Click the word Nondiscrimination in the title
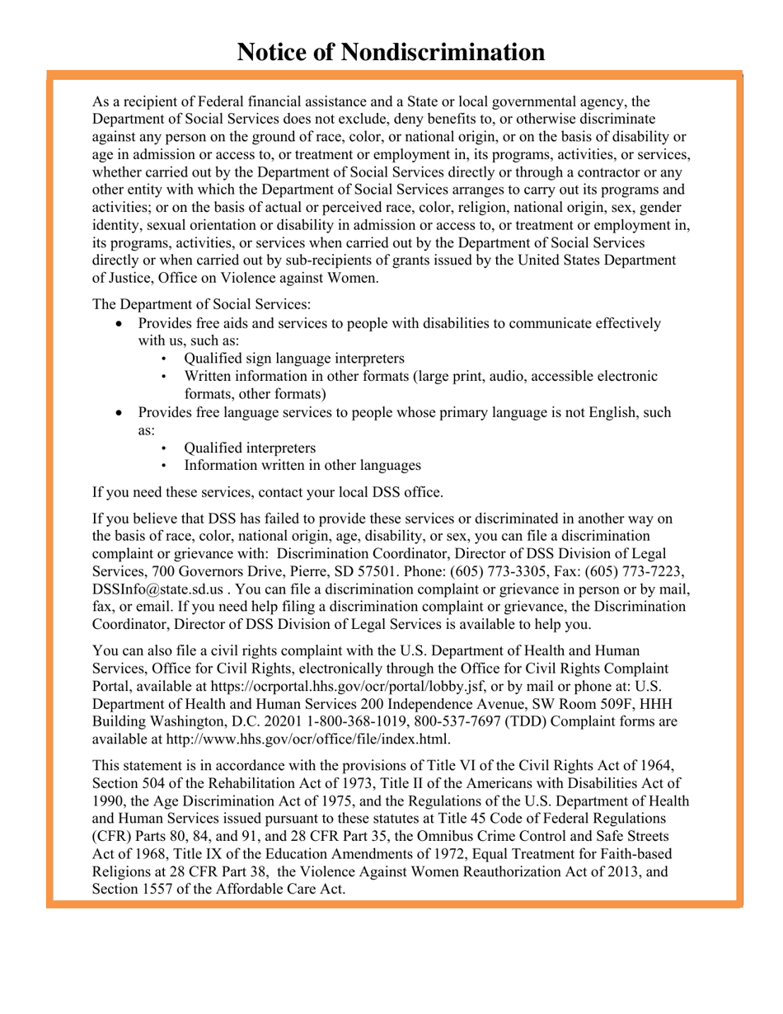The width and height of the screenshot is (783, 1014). (x=443, y=53)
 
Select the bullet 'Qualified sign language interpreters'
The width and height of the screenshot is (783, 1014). (x=294, y=359)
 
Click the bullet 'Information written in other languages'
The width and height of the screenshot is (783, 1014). (x=302, y=466)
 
